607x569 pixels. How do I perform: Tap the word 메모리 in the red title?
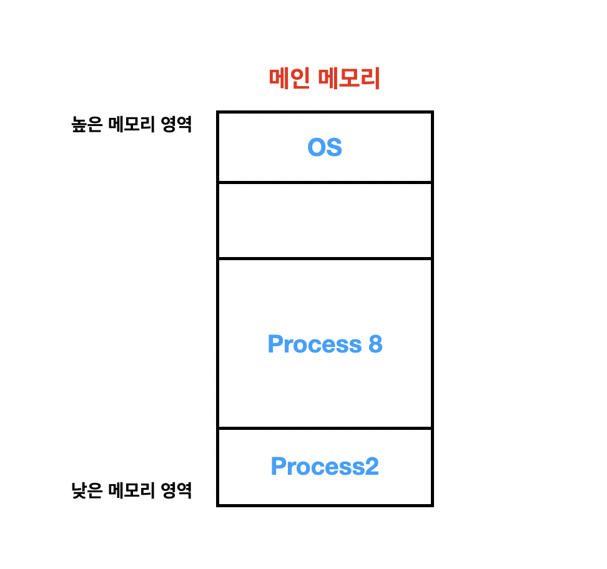[x=349, y=79]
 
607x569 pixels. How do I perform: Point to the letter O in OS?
[x=317, y=147]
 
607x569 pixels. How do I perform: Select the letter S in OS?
[x=334, y=147]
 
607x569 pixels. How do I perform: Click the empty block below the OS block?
[x=325, y=220]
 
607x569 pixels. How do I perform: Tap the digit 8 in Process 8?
[x=375, y=344]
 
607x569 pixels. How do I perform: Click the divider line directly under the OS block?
[x=325, y=182]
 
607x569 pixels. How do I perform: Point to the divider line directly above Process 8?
[x=325, y=258]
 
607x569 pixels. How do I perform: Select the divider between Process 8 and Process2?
[x=325, y=428]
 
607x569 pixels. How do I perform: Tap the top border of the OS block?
[x=325, y=112]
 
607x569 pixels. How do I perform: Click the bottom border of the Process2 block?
[x=325, y=505]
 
